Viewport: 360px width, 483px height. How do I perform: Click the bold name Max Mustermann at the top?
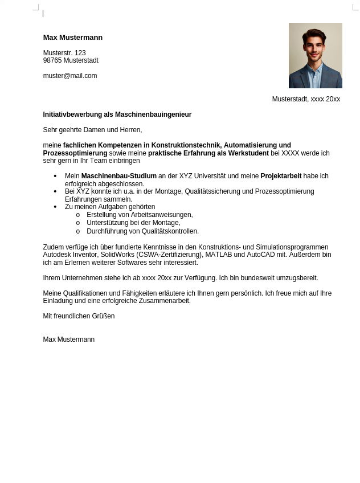73,38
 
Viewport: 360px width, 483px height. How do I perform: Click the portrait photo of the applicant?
315,55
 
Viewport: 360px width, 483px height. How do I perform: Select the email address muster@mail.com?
70,76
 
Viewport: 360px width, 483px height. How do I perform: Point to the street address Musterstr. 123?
64,53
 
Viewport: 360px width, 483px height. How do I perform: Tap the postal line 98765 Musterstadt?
71,60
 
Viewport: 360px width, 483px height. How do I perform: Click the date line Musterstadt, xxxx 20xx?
306,99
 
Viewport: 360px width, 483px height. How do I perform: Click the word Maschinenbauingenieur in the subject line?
153,114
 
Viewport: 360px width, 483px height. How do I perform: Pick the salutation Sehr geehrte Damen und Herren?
92,130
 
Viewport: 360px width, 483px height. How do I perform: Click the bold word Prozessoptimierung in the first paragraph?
75,153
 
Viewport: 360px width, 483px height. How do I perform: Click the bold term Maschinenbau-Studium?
118,176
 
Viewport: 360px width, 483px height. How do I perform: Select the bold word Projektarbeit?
281,176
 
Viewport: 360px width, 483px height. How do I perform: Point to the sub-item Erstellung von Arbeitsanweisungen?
140,215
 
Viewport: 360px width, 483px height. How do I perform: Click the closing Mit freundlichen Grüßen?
79,316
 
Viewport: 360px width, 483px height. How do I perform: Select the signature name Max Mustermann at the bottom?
68,339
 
